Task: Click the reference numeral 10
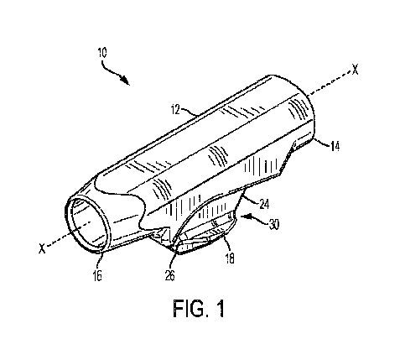(x=102, y=53)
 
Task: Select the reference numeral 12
(x=175, y=110)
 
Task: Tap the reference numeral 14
(x=335, y=146)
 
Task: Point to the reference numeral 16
(x=97, y=275)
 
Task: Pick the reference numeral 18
(x=230, y=258)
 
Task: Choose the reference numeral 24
(x=264, y=204)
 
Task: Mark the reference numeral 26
(x=169, y=275)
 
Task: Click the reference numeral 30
(x=274, y=224)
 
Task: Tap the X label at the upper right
(x=355, y=69)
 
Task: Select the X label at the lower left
(x=42, y=248)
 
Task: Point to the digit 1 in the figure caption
(x=221, y=308)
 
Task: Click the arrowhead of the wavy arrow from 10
(x=127, y=81)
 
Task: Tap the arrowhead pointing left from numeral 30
(x=245, y=217)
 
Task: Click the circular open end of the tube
(x=87, y=224)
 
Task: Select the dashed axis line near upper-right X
(x=330, y=83)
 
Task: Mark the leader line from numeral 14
(x=322, y=142)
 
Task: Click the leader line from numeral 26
(x=173, y=261)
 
